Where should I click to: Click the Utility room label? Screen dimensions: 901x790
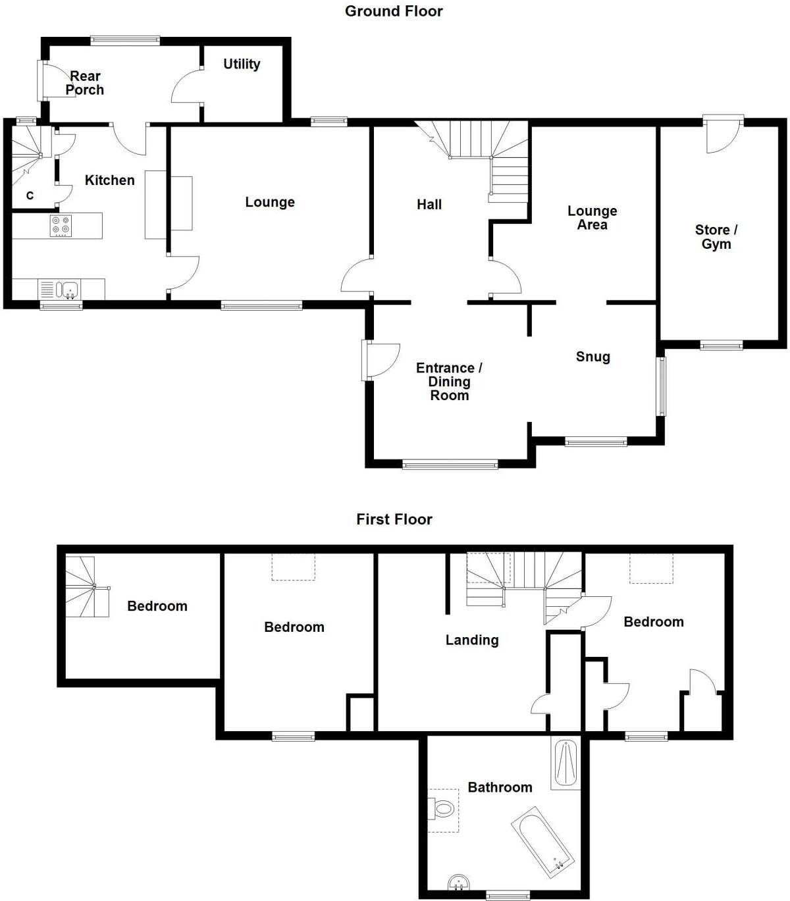point(242,64)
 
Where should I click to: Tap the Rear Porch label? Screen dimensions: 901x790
point(85,83)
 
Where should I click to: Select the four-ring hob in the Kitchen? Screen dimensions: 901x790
point(61,226)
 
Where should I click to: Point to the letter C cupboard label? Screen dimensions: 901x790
point(30,195)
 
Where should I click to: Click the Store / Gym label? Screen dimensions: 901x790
point(716,237)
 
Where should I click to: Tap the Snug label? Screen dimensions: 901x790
point(592,357)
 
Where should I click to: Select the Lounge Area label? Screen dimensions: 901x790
point(592,218)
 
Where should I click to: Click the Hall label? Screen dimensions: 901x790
point(429,205)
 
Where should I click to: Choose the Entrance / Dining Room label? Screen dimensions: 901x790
point(449,382)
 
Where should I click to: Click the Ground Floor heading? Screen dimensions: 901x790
point(394,11)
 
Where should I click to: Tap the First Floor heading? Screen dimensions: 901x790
point(394,519)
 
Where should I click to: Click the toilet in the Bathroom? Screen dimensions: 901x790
point(443,808)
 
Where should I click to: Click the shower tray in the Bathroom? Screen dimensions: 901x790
point(566,763)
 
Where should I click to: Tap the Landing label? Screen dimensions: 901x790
point(471,640)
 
